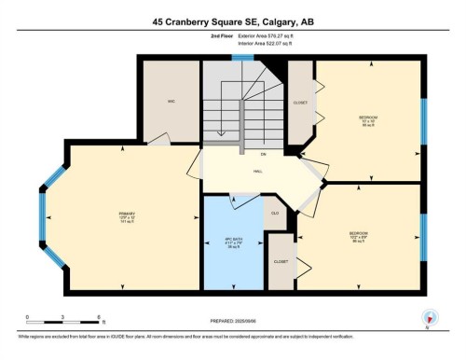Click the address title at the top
tap(232, 20)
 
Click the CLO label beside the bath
tap(274, 213)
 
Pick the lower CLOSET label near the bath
tap(281, 261)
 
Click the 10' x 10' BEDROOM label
tap(368, 121)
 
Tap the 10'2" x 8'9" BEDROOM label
tap(359, 236)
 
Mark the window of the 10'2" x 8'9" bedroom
tap(424, 236)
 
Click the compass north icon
tap(428, 317)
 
